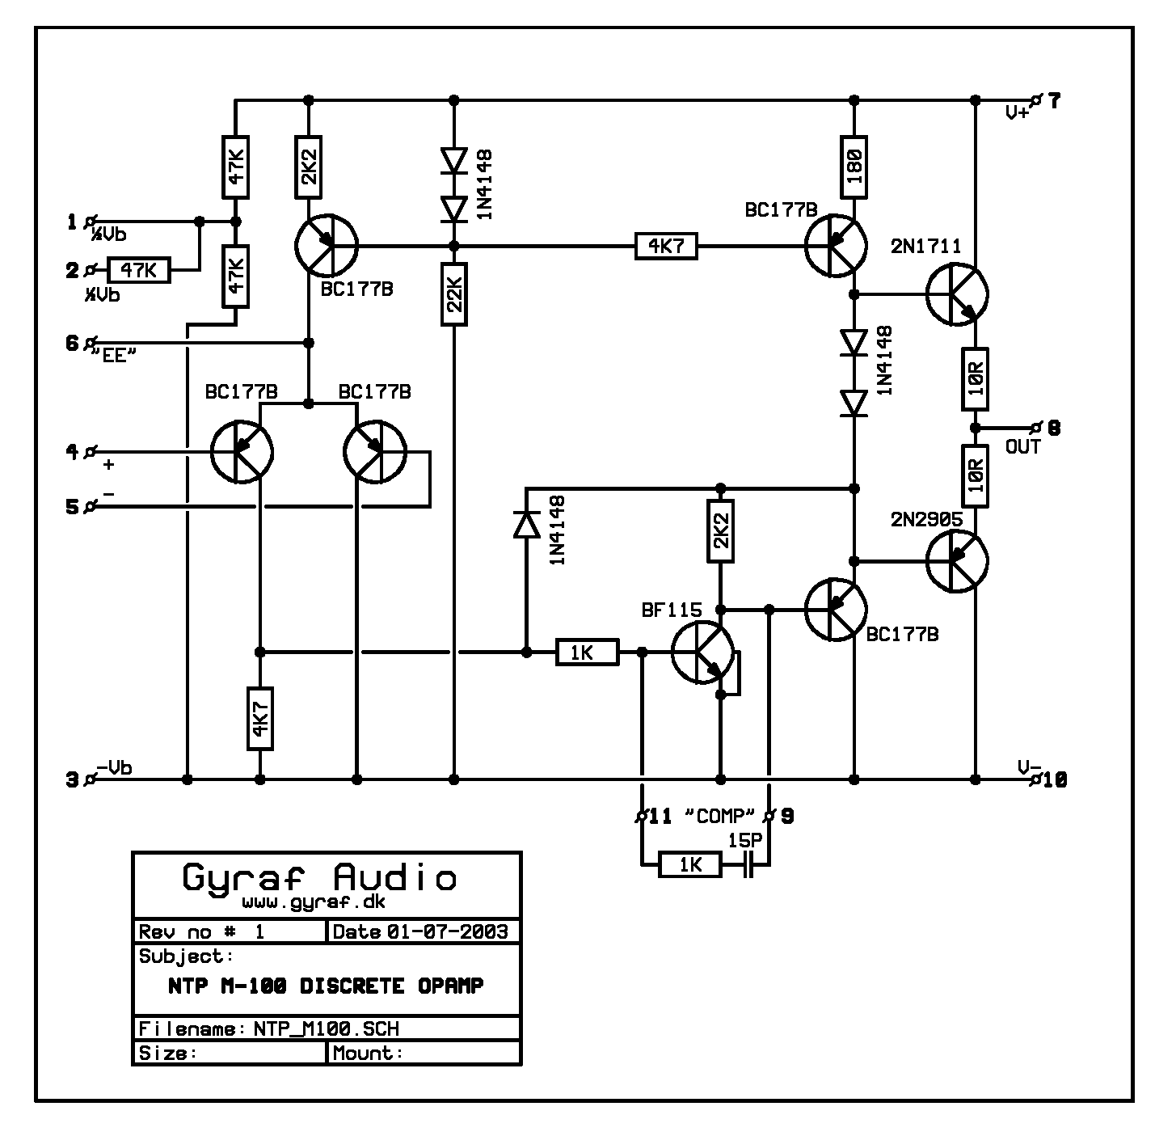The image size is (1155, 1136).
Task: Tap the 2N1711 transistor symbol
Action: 957,294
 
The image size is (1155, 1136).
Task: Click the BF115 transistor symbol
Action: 702,652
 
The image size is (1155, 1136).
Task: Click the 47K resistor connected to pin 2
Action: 140,270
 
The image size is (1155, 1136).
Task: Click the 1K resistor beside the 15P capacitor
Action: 689,866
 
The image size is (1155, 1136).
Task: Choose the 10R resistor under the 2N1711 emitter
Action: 976,378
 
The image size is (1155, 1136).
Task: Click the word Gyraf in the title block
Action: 239,877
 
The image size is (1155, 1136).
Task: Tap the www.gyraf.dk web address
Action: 314,902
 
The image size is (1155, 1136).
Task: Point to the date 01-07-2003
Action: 447,931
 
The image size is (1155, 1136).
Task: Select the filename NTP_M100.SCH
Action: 327,1028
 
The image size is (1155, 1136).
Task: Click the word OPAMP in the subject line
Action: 450,986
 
